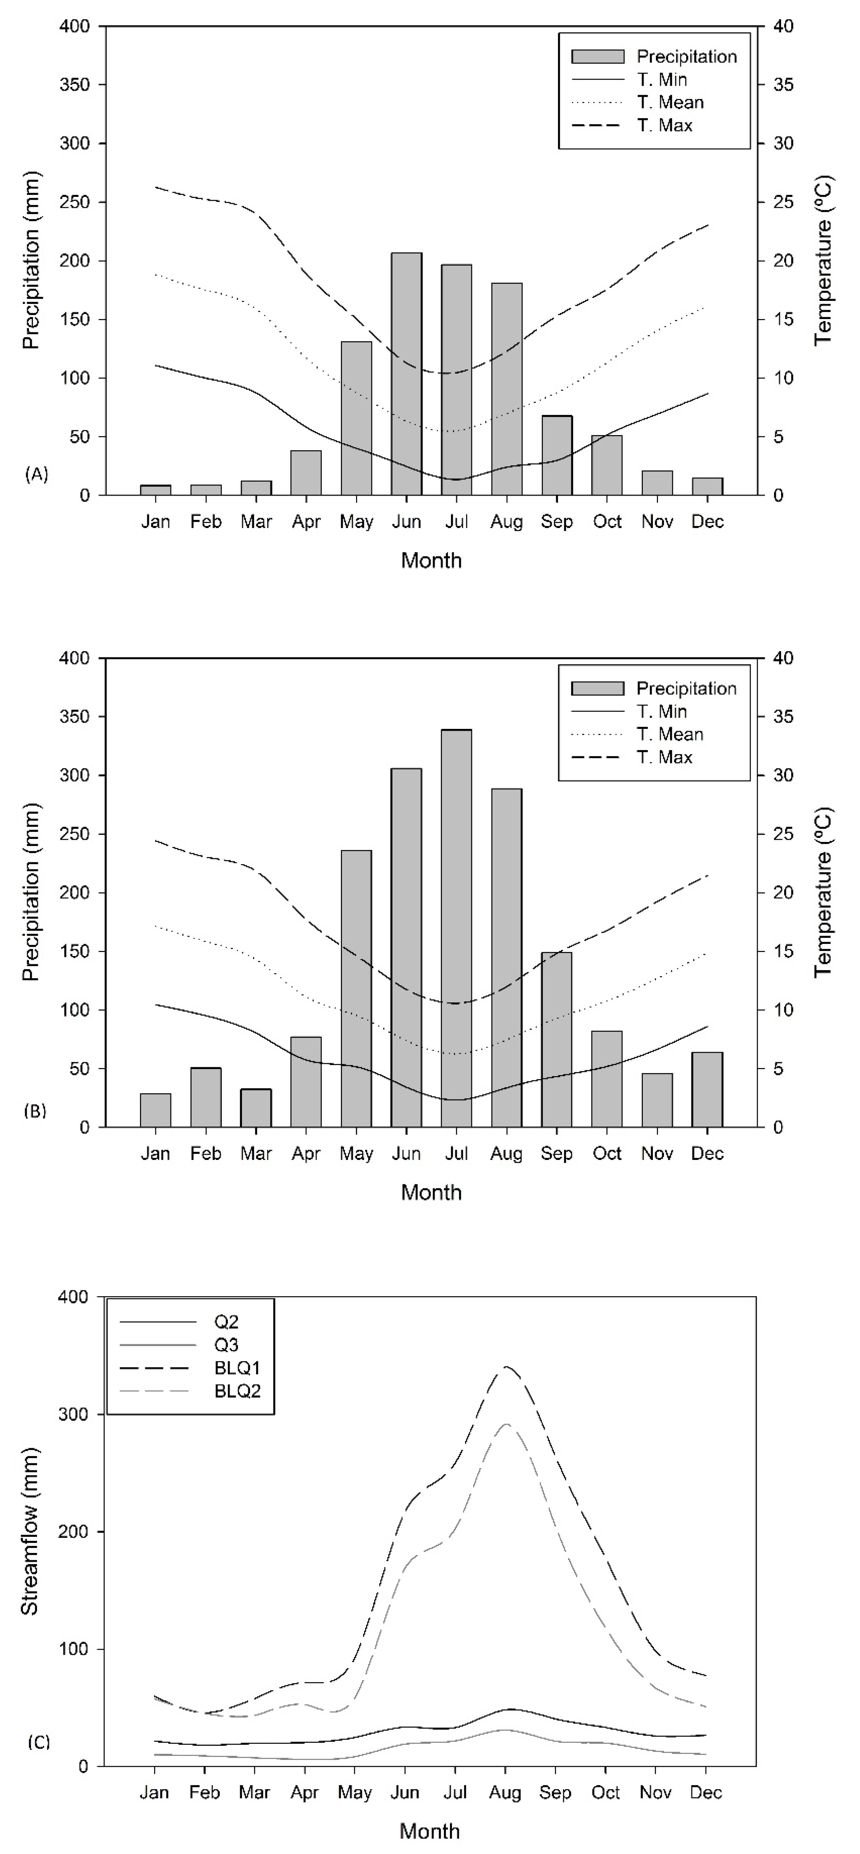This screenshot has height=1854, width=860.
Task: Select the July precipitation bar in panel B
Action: [x=456, y=928]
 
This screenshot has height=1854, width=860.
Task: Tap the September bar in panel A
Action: [x=557, y=455]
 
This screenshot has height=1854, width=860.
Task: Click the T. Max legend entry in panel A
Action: [x=664, y=125]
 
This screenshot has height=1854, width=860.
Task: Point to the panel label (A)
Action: [x=36, y=474]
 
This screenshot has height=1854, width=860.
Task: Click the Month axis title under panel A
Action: [x=431, y=560]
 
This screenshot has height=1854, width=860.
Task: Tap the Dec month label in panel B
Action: [x=707, y=1154]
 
